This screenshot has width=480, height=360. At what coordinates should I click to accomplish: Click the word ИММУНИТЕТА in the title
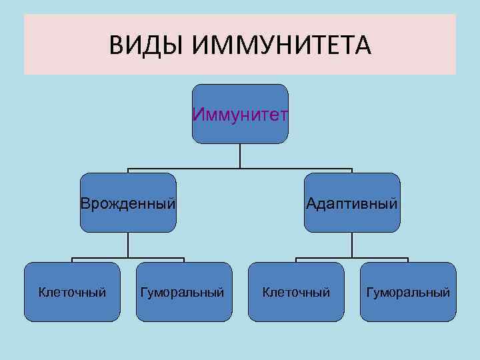tap(281, 46)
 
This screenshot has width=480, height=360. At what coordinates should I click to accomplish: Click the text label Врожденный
tap(128, 202)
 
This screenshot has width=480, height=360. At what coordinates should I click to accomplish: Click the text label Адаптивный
tap(352, 202)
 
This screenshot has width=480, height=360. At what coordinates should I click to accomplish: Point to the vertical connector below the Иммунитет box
tap(240, 156)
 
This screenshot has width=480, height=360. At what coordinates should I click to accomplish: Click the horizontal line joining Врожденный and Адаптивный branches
tap(200, 169)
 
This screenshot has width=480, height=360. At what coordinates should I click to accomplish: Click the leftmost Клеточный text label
tap(72, 292)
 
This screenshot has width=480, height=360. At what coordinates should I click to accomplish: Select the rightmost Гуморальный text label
tap(408, 292)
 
